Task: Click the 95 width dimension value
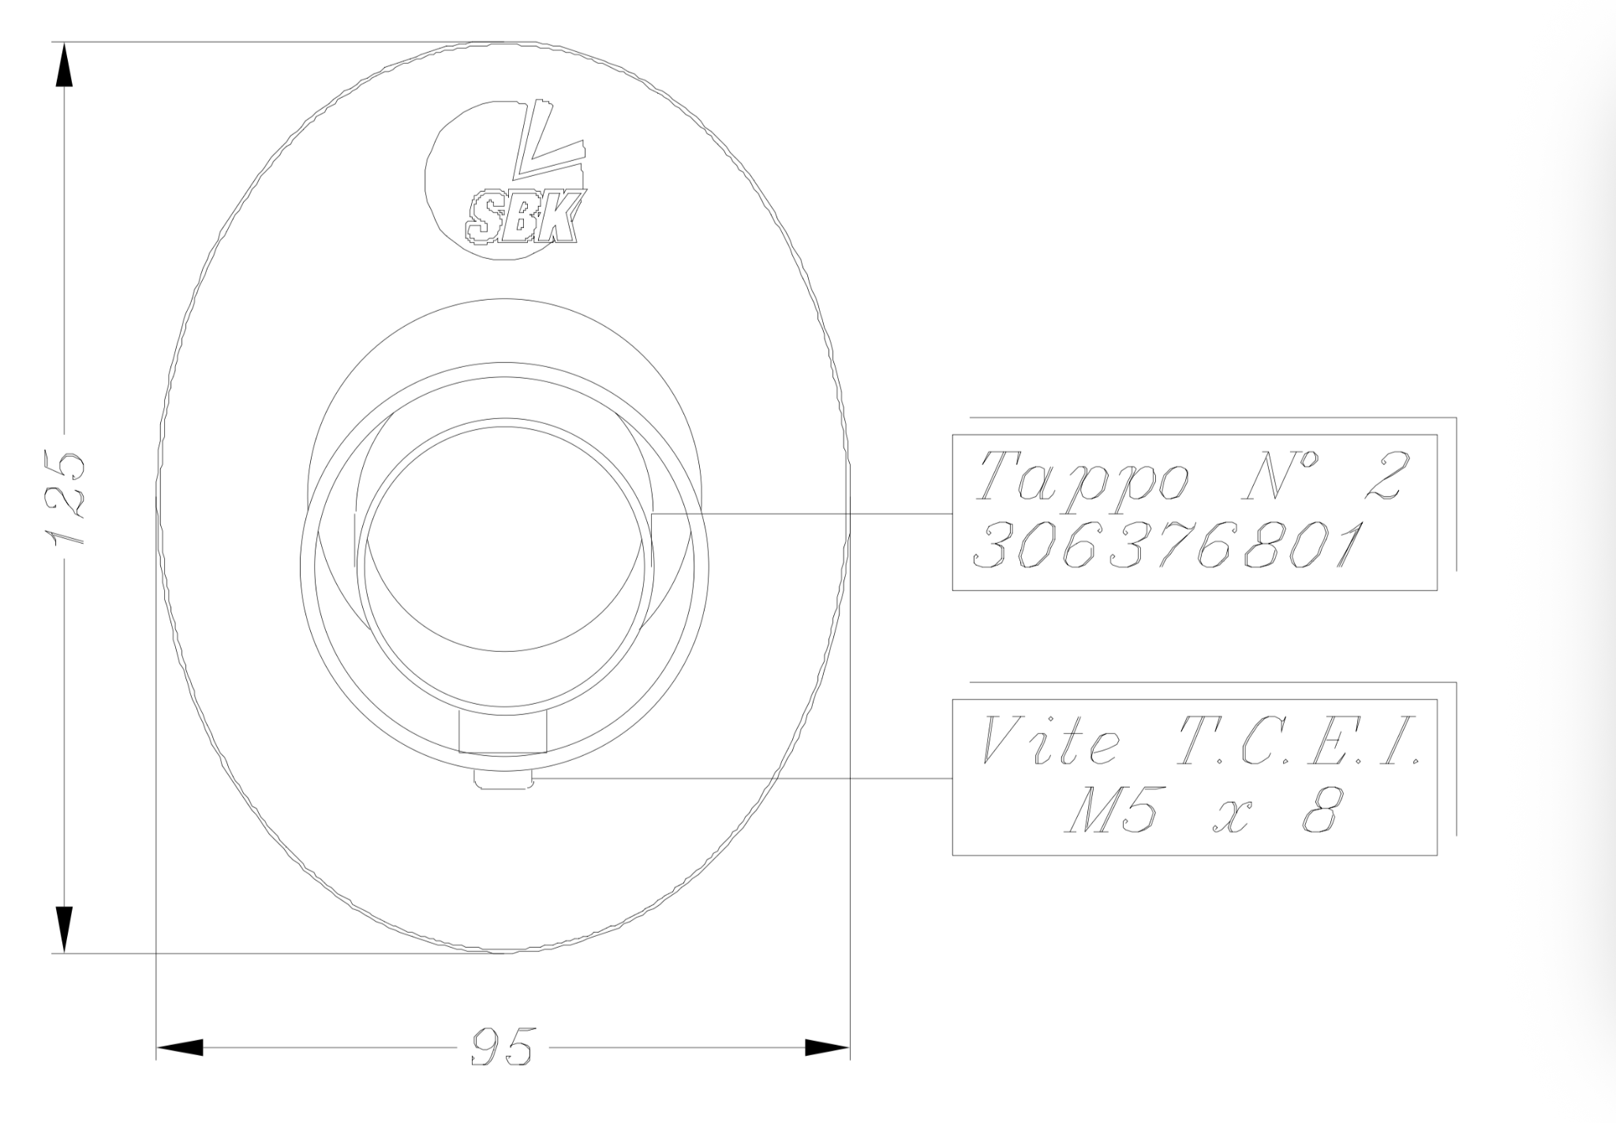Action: (x=502, y=1046)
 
